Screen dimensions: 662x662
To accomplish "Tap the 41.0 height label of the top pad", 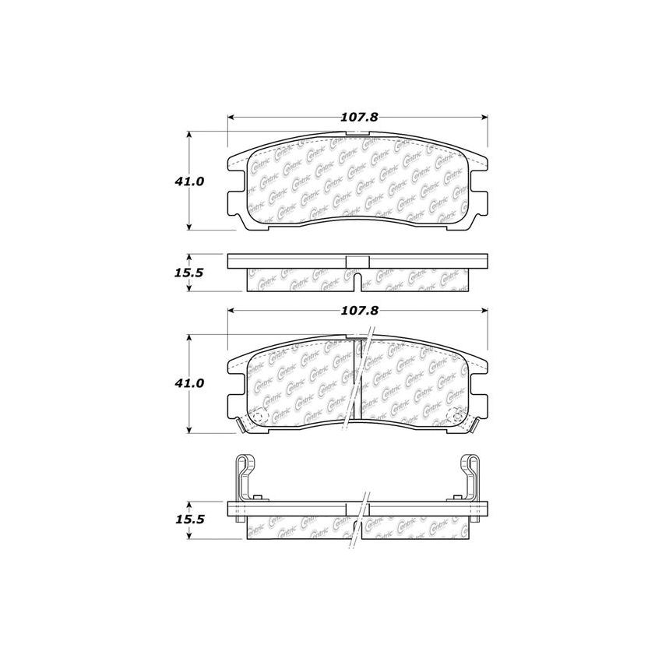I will pos(190,181).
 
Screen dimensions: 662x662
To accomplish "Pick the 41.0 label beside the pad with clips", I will pos(190,383).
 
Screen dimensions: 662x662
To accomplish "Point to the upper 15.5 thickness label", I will pos(190,273).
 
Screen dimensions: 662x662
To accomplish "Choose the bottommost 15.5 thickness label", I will pos(190,519).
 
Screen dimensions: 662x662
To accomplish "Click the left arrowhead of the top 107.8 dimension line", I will pos(231,118).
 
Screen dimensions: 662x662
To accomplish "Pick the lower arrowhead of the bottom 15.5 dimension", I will pos(190,537).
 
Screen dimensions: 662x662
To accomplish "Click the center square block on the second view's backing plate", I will pos(357,262).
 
